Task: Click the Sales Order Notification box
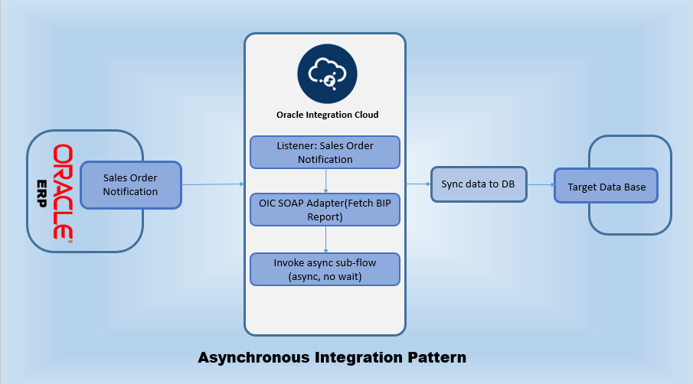coord(130,185)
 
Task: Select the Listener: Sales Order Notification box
coord(325,152)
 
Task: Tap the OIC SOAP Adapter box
coord(325,209)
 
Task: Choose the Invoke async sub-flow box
coord(325,269)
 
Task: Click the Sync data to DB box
coord(479,184)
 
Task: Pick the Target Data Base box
coord(606,187)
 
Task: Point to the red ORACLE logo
coord(62,191)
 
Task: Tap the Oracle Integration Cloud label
coord(327,116)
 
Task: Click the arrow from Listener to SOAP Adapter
coord(327,181)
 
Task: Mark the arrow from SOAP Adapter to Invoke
coord(327,239)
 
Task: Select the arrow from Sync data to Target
coord(541,184)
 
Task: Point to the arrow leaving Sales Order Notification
coord(212,184)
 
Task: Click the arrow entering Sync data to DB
coord(417,184)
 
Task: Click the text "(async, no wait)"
coord(325,276)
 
